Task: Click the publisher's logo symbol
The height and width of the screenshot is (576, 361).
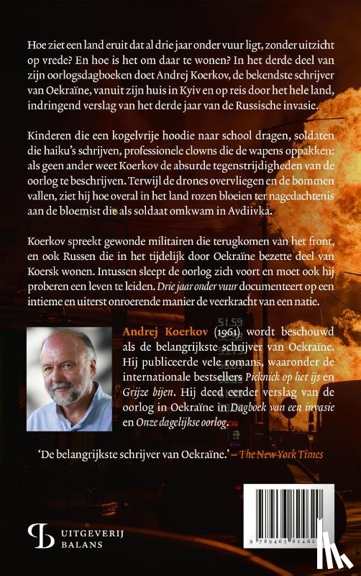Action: (38, 530)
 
